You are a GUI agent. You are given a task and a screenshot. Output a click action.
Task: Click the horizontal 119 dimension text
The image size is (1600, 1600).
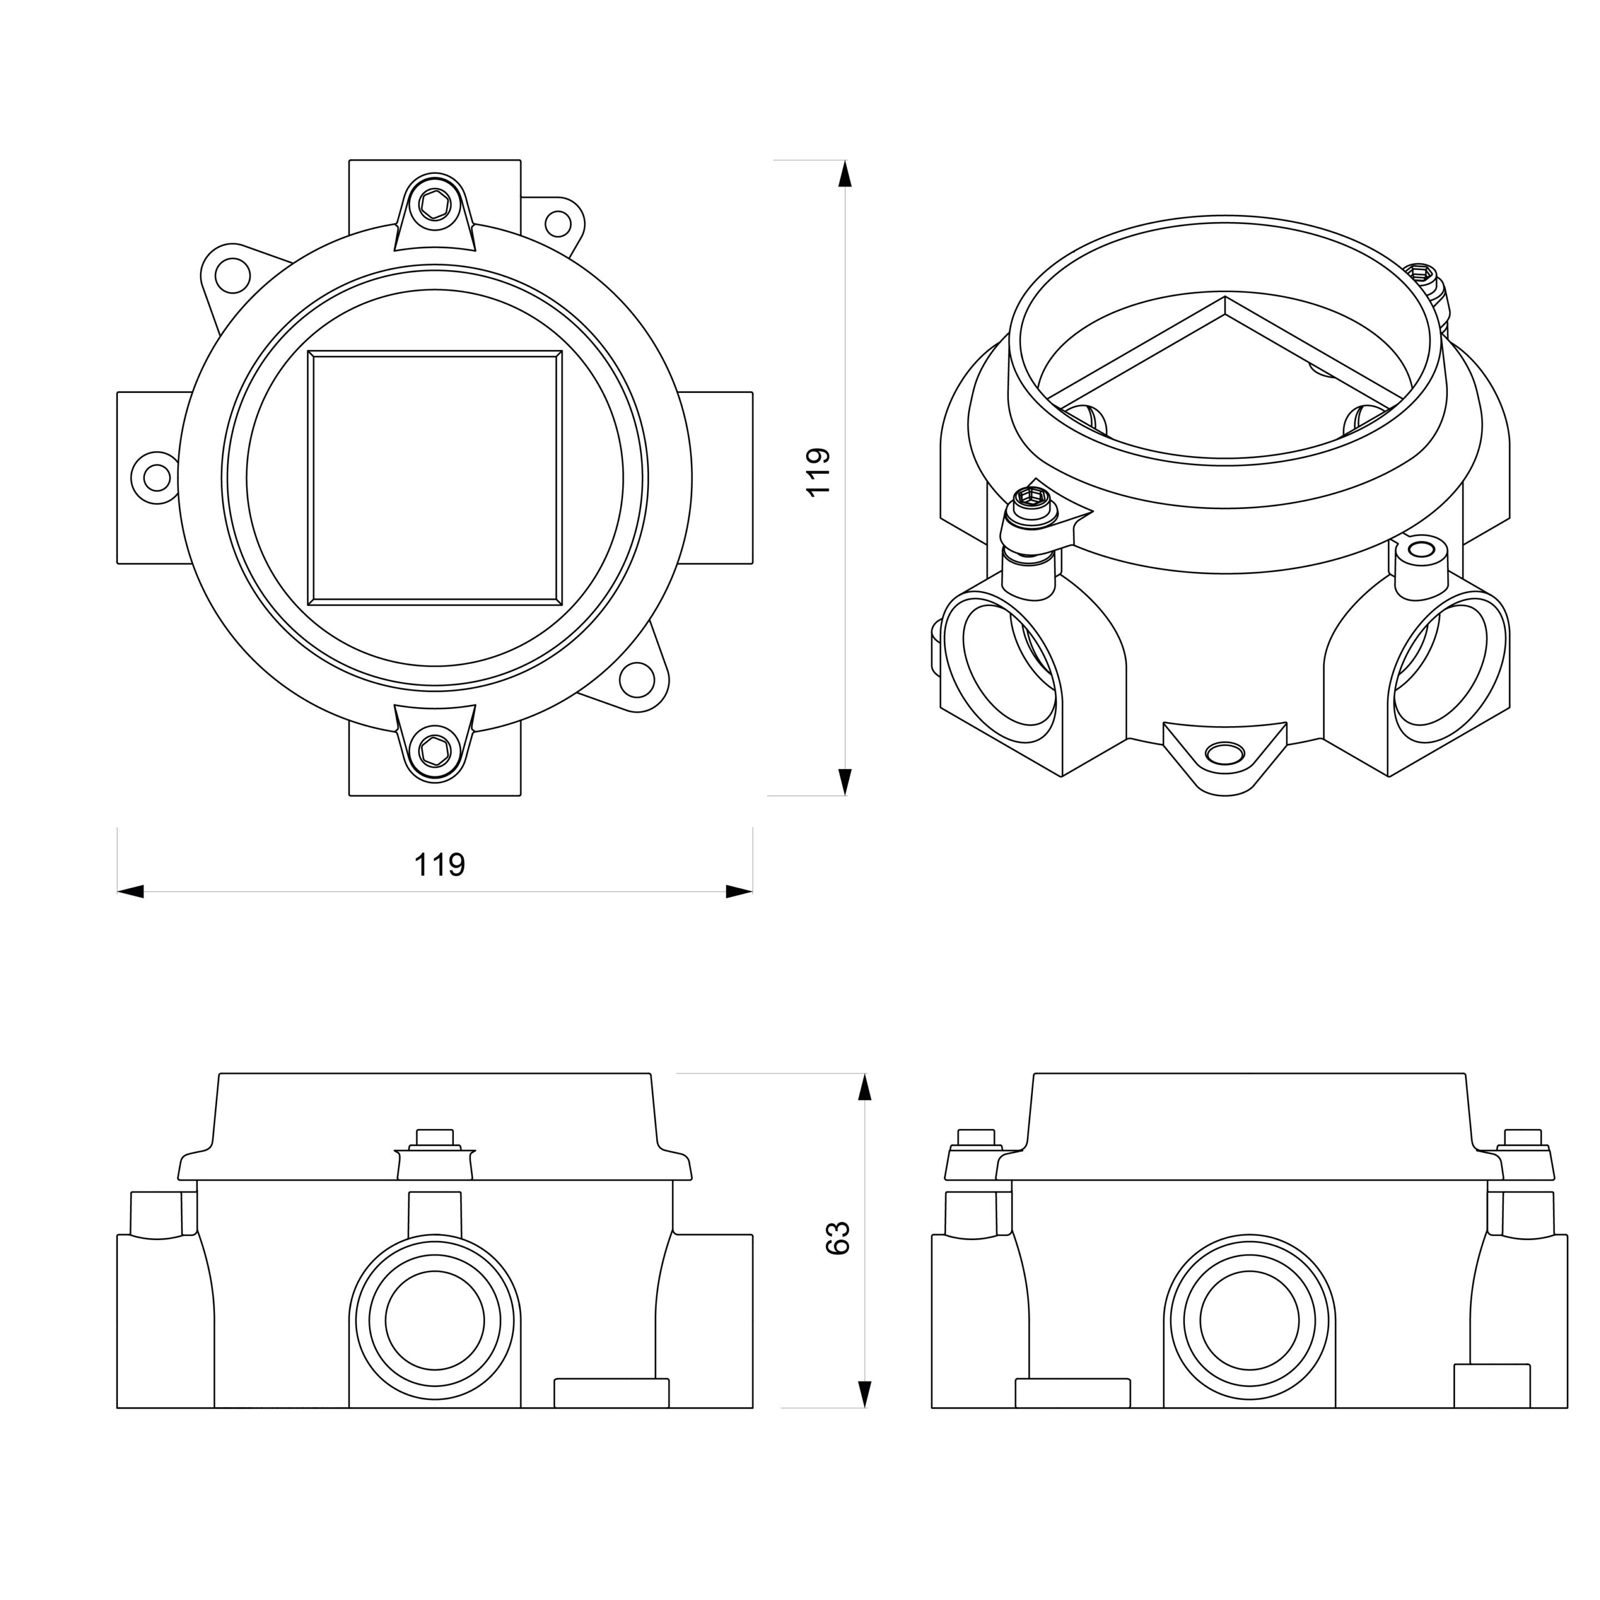[x=439, y=864]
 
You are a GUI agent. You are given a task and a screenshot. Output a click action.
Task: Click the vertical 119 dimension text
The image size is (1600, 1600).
[x=818, y=472]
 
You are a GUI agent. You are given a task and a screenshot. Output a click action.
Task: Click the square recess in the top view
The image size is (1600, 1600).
[x=435, y=478]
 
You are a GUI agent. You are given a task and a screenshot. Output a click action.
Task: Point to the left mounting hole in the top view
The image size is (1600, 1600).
[x=156, y=477]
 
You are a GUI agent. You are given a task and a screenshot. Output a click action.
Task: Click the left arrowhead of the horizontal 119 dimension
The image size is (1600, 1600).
[x=131, y=892]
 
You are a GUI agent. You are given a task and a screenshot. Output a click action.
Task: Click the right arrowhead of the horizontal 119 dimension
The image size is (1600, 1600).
[x=739, y=892]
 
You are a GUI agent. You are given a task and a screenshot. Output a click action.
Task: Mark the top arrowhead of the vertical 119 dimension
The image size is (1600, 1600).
[x=844, y=174]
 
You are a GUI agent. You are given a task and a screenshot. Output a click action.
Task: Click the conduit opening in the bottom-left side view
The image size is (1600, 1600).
[x=435, y=1321]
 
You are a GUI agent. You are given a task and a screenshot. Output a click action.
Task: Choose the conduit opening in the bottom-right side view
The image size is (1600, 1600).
[x=1249, y=1321]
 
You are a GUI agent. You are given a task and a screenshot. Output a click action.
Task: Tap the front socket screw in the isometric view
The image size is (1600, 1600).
[x=1032, y=502]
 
